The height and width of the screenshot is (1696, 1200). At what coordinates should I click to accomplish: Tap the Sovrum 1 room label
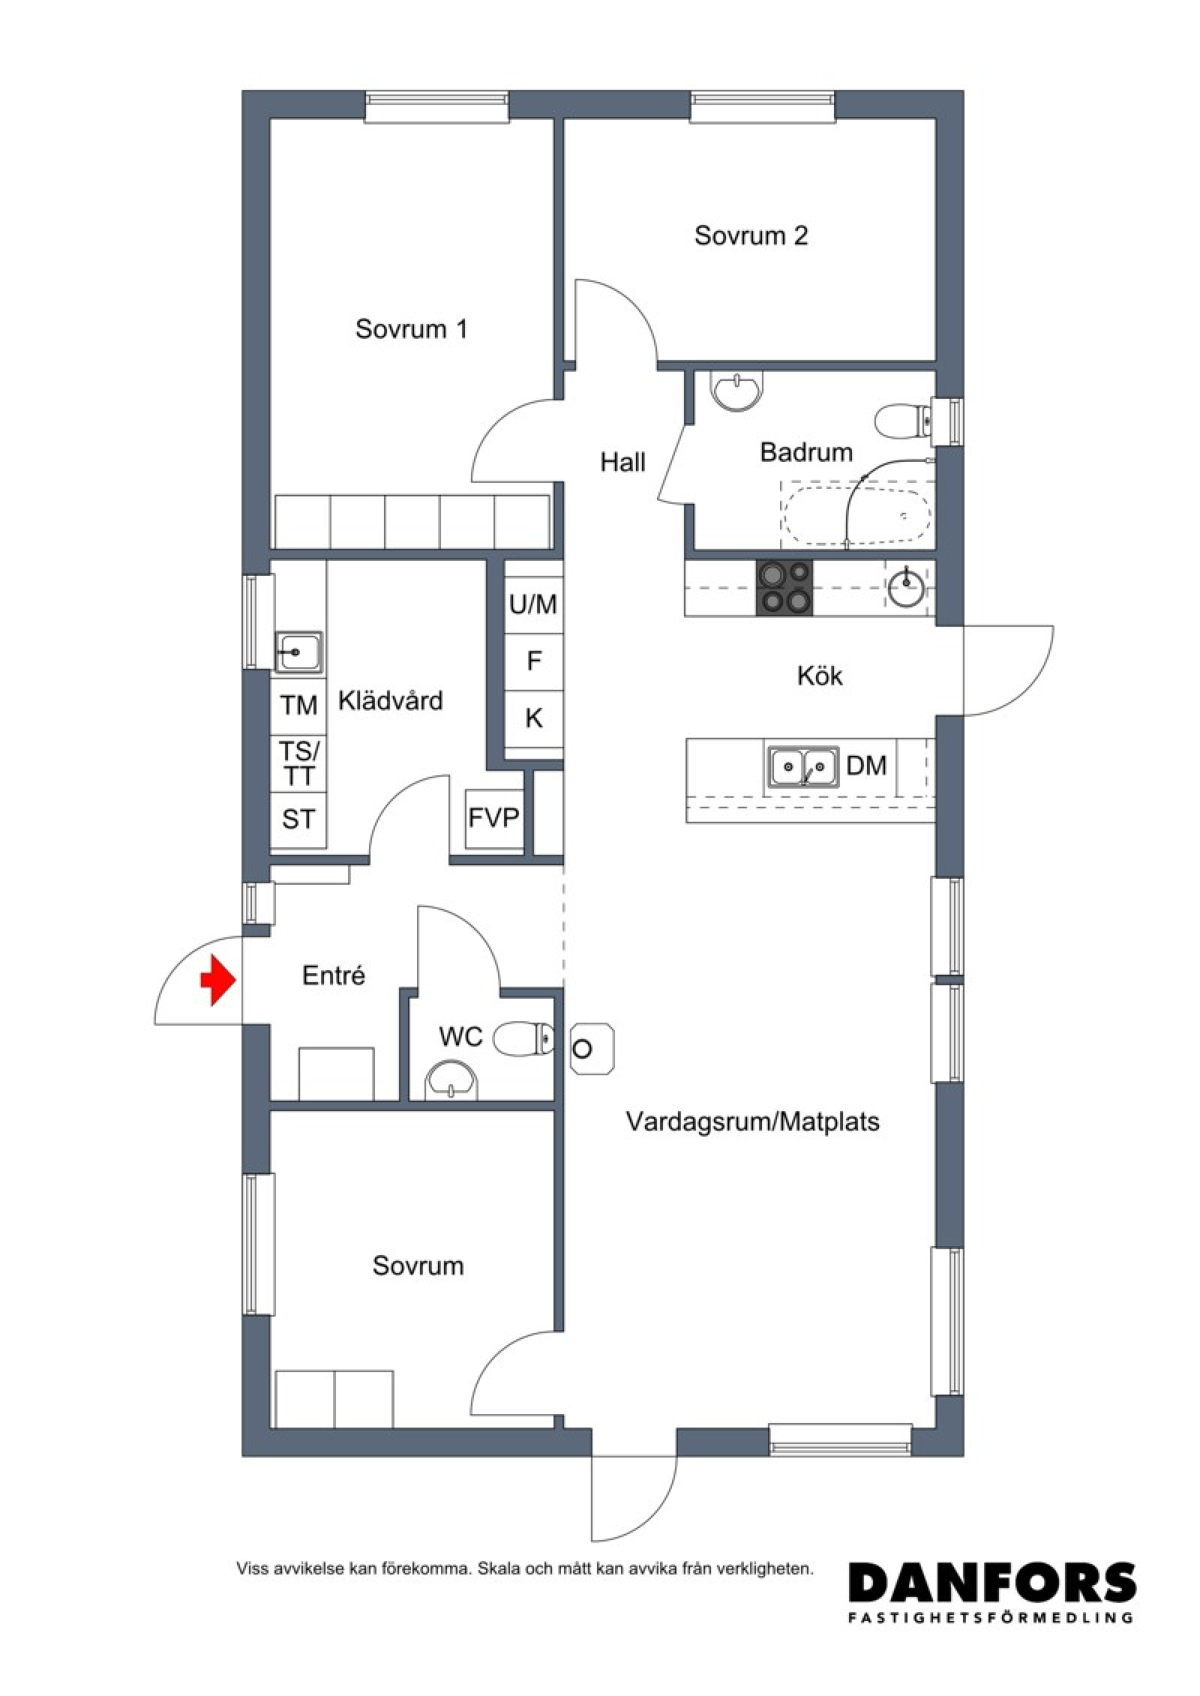[411, 329]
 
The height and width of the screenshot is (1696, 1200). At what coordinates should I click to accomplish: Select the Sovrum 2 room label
[751, 235]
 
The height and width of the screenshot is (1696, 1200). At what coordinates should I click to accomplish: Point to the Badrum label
[806, 452]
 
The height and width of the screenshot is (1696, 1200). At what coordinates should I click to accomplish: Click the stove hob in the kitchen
[784, 587]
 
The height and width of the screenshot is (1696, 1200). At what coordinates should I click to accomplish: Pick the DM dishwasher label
[866, 766]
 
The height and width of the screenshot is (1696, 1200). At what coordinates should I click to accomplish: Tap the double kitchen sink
[803, 766]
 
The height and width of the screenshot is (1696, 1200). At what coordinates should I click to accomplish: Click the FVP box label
[493, 817]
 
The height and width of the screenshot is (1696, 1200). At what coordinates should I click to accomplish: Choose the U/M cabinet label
[533, 604]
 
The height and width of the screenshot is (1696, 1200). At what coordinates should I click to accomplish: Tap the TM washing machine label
[298, 705]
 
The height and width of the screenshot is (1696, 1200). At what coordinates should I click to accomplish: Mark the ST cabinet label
[298, 819]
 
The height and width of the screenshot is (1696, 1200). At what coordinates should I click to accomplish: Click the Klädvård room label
[391, 701]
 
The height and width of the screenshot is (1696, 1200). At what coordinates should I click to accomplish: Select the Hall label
[622, 462]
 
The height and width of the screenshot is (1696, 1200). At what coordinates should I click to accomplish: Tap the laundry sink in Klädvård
[298, 651]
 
